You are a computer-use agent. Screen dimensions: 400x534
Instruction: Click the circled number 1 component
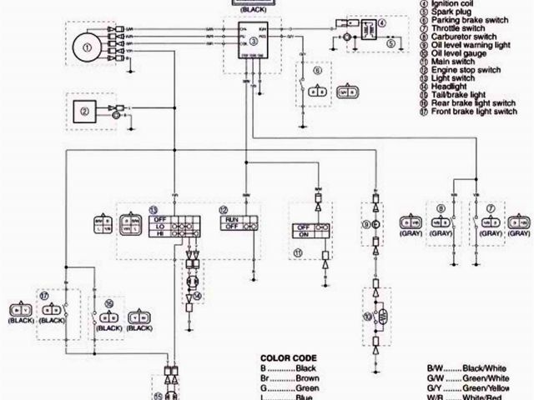tap(86, 47)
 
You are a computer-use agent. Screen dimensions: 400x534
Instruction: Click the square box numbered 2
tap(84, 111)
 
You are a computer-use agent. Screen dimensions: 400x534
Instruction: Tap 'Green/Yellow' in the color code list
tap(491, 387)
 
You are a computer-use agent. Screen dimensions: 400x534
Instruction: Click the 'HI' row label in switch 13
tap(156, 235)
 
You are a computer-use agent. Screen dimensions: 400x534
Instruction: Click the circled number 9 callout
tap(365, 224)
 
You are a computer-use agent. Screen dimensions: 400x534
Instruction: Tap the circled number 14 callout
tap(197, 296)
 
